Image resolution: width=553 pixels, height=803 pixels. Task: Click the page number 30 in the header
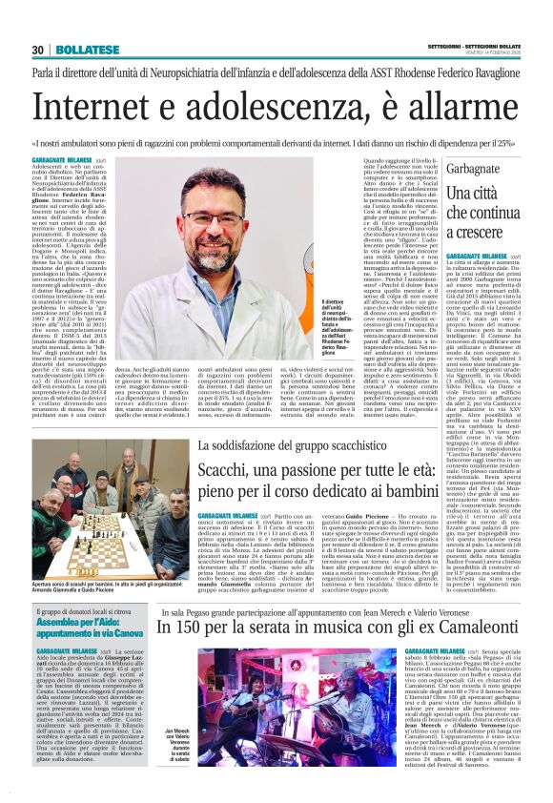pyautogui.click(x=38, y=50)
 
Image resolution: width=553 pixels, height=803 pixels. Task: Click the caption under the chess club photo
pyautogui.click(x=110, y=585)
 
